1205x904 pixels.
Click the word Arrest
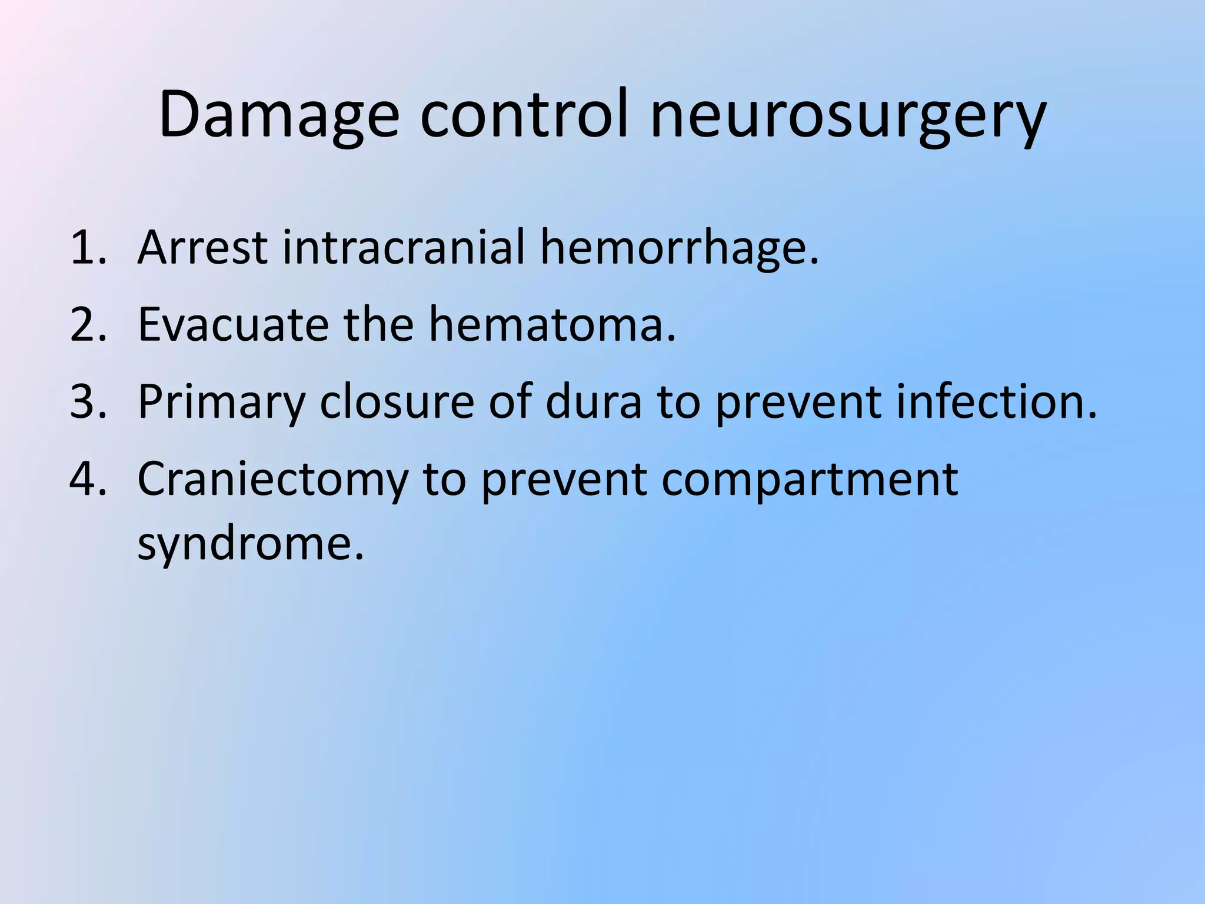tap(203, 248)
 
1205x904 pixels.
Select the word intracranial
tap(404, 247)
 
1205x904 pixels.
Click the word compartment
tap(810, 480)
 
